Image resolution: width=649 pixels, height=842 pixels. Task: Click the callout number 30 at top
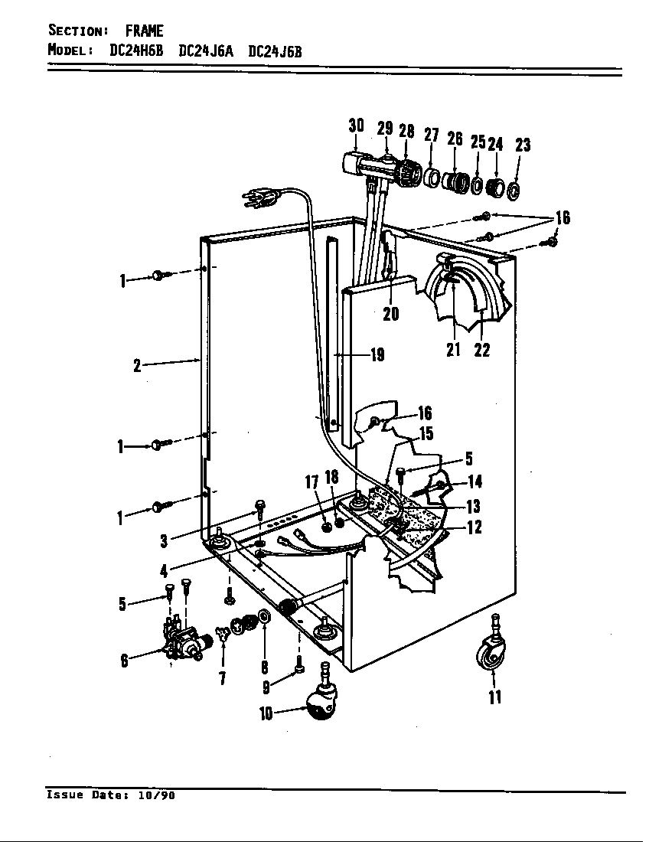[356, 126]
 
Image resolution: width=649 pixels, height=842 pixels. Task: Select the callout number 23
[523, 145]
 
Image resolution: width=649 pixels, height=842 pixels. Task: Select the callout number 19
[377, 355]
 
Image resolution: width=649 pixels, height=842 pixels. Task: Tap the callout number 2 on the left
[137, 365]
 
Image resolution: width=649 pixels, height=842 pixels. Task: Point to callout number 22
[481, 351]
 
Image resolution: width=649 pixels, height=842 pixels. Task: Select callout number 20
[390, 314]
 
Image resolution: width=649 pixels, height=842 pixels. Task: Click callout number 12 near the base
[475, 527]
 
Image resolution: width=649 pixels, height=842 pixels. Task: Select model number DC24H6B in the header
[139, 51]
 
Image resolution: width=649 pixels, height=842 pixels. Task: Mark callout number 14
[475, 481]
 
